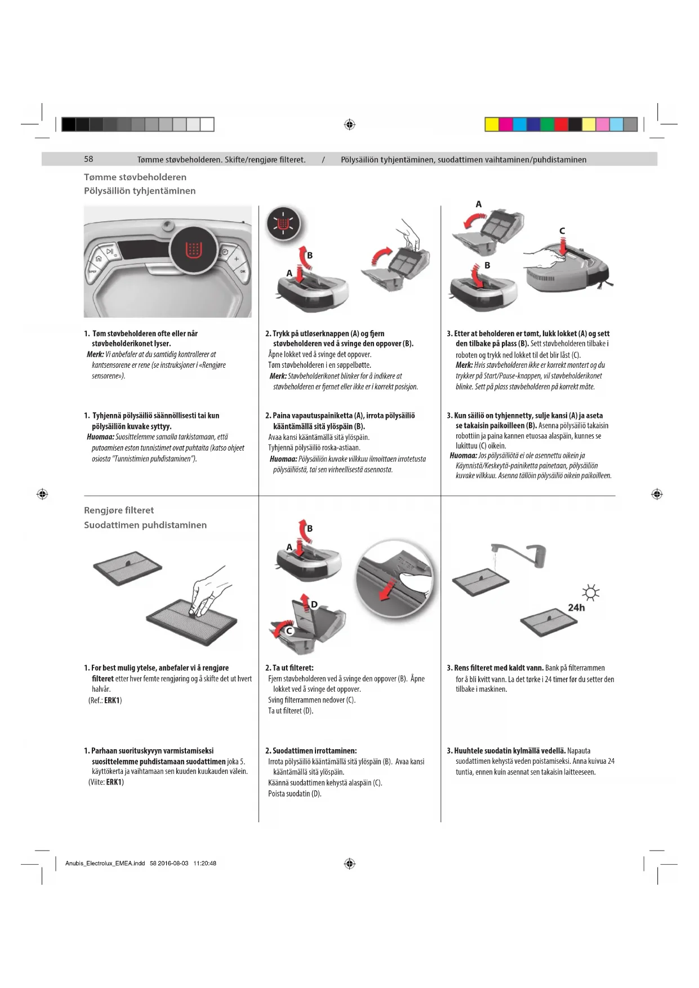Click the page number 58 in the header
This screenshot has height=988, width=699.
pos(88,159)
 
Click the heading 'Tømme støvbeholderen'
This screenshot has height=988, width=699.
pos(135,177)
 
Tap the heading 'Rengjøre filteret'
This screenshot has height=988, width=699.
pos(119,510)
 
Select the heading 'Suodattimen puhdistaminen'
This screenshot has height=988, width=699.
pos(145,525)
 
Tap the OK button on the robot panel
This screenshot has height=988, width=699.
pos(243,271)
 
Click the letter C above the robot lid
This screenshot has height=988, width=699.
pos(562,230)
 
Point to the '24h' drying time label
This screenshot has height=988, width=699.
pos(576,608)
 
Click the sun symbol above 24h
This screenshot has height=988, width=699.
pos(591,593)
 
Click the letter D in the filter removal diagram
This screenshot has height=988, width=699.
pos(314,604)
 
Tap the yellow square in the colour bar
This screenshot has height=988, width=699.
pos(491,124)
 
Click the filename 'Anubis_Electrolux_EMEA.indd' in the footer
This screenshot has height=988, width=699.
pos(105,863)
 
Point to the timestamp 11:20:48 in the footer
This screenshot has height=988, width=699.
pos(204,863)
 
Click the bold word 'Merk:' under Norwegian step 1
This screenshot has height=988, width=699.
pos(95,354)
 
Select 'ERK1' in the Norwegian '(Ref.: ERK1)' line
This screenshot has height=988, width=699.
pos(112,700)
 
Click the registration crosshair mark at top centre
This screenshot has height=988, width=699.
pos(349,124)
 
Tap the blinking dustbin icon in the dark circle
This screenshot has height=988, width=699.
pos(284,224)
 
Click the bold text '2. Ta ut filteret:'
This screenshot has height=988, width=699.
pos(289,667)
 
